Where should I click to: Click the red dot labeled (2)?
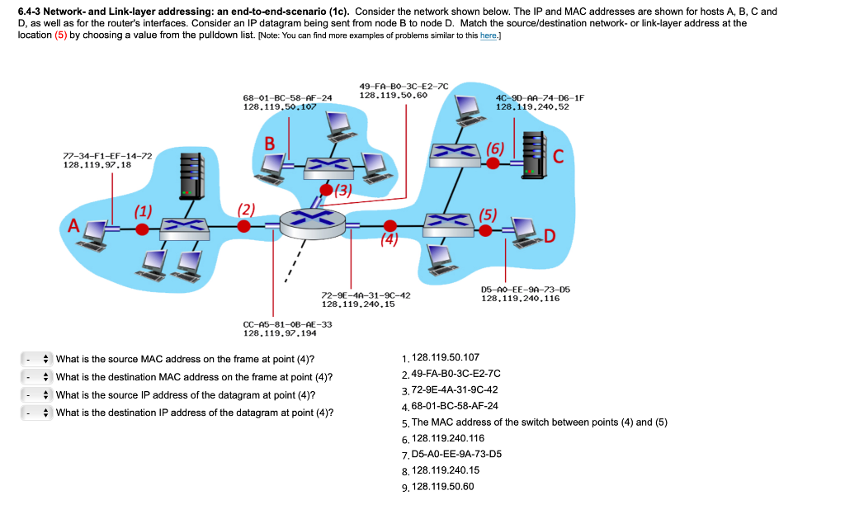[x=244, y=229]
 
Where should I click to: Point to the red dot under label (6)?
[x=493, y=163]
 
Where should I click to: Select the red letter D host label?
[x=550, y=238]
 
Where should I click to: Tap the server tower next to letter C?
[x=534, y=156]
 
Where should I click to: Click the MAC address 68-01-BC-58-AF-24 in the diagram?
[x=287, y=98]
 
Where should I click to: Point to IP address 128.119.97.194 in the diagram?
[x=278, y=333]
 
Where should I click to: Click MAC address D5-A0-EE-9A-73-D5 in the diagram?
[x=525, y=290]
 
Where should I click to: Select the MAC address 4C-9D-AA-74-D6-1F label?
[x=539, y=98]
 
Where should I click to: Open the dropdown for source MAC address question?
[x=37, y=359]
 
